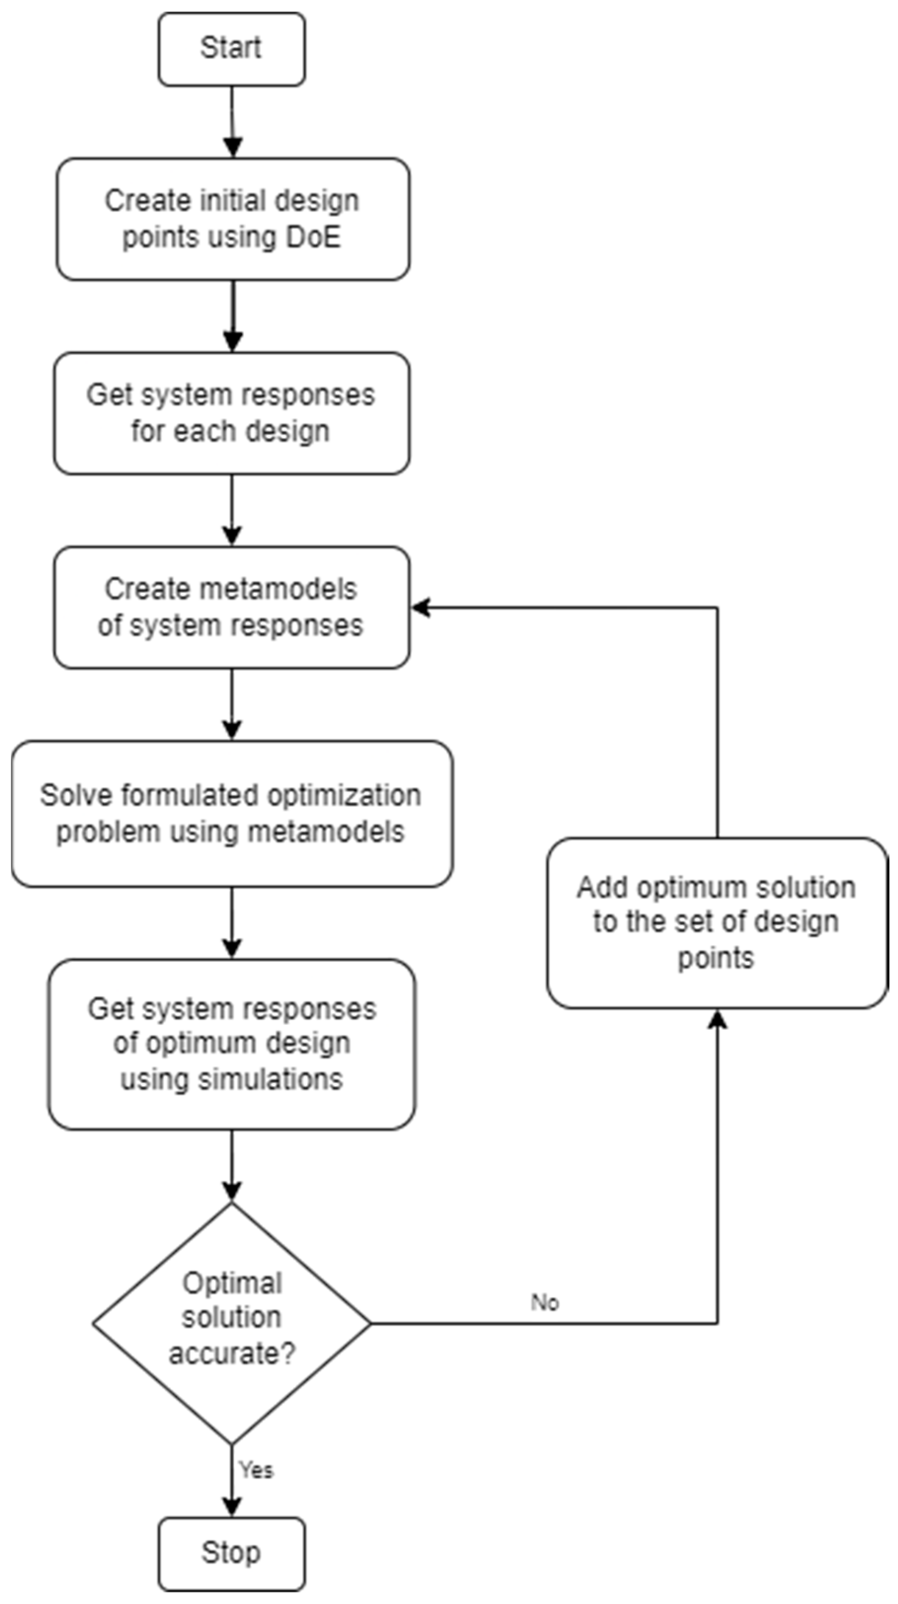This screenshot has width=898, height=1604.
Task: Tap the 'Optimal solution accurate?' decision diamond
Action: [232, 1324]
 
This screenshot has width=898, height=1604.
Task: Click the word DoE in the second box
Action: [313, 237]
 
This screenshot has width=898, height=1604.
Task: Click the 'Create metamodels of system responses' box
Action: [231, 607]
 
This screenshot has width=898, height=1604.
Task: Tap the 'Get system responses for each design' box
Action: [231, 413]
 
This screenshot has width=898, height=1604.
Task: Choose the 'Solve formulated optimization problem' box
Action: [232, 813]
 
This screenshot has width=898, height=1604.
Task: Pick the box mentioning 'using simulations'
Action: [232, 1044]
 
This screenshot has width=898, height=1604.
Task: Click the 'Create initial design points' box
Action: [232, 219]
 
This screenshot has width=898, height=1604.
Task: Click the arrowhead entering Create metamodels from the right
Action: [421, 608]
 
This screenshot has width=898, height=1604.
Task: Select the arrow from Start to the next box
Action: [232, 121]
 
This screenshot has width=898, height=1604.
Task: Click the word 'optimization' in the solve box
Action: [344, 796]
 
